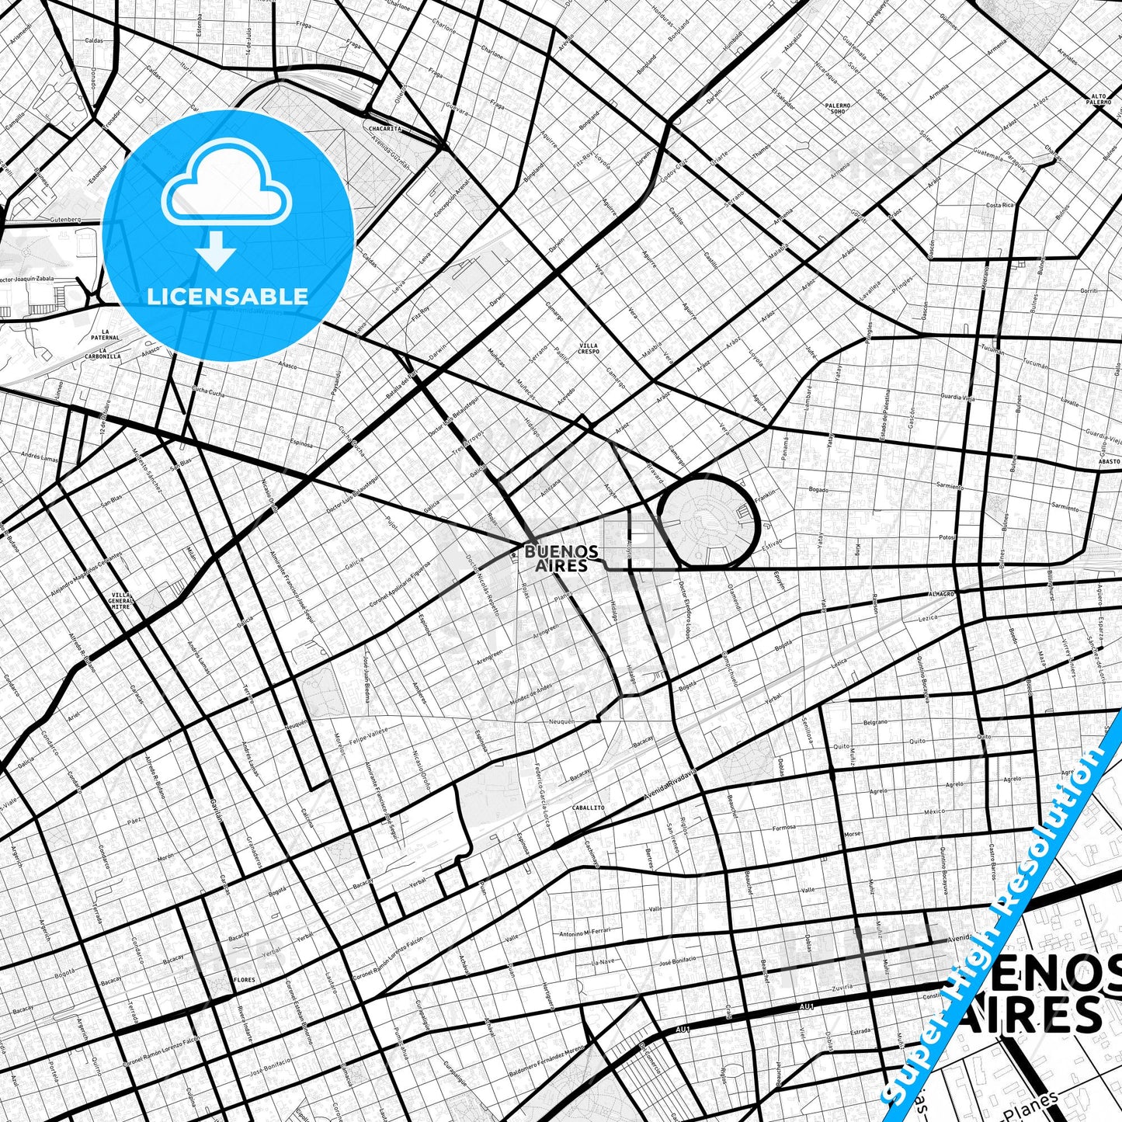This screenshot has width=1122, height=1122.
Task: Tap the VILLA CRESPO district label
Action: (x=589, y=348)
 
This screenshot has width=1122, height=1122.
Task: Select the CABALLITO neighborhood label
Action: (x=588, y=808)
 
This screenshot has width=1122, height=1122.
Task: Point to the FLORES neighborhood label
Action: (x=244, y=980)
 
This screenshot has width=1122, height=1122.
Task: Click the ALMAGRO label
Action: (x=940, y=593)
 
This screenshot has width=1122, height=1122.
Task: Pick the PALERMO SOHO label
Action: (x=838, y=108)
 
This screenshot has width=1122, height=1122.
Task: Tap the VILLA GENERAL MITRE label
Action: (x=120, y=600)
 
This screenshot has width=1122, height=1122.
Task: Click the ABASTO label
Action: (x=1110, y=461)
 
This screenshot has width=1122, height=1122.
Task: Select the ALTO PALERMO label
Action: (x=1098, y=99)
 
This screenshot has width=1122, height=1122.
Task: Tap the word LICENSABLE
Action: (x=228, y=296)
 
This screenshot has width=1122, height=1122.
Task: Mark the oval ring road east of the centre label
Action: (x=707, y=519)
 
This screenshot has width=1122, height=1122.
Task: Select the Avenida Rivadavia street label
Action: (x=671, y=785)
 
